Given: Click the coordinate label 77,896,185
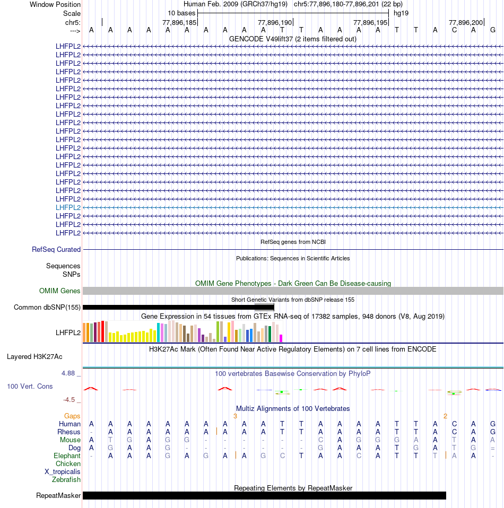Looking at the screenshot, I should pos(179,22).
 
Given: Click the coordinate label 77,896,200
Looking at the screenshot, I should pos(466,22).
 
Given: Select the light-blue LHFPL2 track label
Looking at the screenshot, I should pos(68,207).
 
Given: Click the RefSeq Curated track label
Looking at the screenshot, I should pos(56,249).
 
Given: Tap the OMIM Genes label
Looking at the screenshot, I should pos(59,291).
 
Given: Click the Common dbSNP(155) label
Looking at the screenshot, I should pos(47,307).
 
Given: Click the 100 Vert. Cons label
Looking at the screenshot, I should pos(30,386).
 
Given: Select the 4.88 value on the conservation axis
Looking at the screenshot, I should pos(69,373).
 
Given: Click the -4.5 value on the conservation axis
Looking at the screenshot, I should pos(70,399).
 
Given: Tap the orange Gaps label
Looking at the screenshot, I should pos(72,416).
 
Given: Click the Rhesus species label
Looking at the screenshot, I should pos(69,432).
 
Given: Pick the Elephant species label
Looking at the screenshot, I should pos(67,456).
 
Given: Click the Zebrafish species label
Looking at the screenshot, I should pos(66,479).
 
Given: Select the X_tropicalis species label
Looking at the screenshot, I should pos(63,471).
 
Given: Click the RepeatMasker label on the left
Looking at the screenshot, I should pos(58,496).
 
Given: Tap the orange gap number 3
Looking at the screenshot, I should pos(235,416).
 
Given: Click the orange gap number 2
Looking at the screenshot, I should pos(445,416).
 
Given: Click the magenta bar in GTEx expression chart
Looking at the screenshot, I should pos(281,338).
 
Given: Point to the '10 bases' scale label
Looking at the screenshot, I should pos(181,13).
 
